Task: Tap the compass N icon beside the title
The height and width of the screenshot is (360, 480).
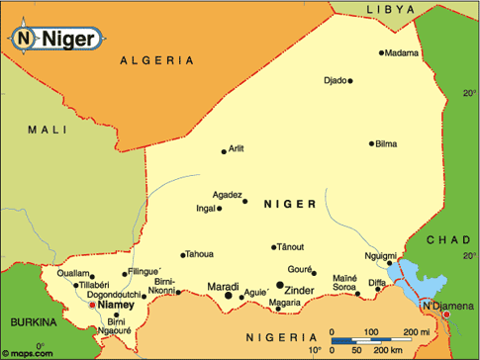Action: [x=24, y=39]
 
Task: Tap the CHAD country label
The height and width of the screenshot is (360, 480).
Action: [x=448, y=240]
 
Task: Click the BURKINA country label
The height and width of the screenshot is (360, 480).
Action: [x=35, y=323]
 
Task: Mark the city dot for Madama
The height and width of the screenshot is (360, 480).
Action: [x=381, y=53]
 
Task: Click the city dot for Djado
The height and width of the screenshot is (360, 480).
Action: [x=350, y=81]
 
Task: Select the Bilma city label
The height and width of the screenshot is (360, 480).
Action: [x=386, y=144]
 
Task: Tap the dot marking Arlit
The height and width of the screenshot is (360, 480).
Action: [x=224, y=151]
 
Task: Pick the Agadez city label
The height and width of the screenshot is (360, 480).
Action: [x=229, y=195]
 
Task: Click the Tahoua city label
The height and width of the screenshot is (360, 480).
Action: [x=199, y=254]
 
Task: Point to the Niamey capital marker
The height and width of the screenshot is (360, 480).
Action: [x=94, y=306]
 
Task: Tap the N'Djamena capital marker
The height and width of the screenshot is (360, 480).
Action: [x=445, y=301]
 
